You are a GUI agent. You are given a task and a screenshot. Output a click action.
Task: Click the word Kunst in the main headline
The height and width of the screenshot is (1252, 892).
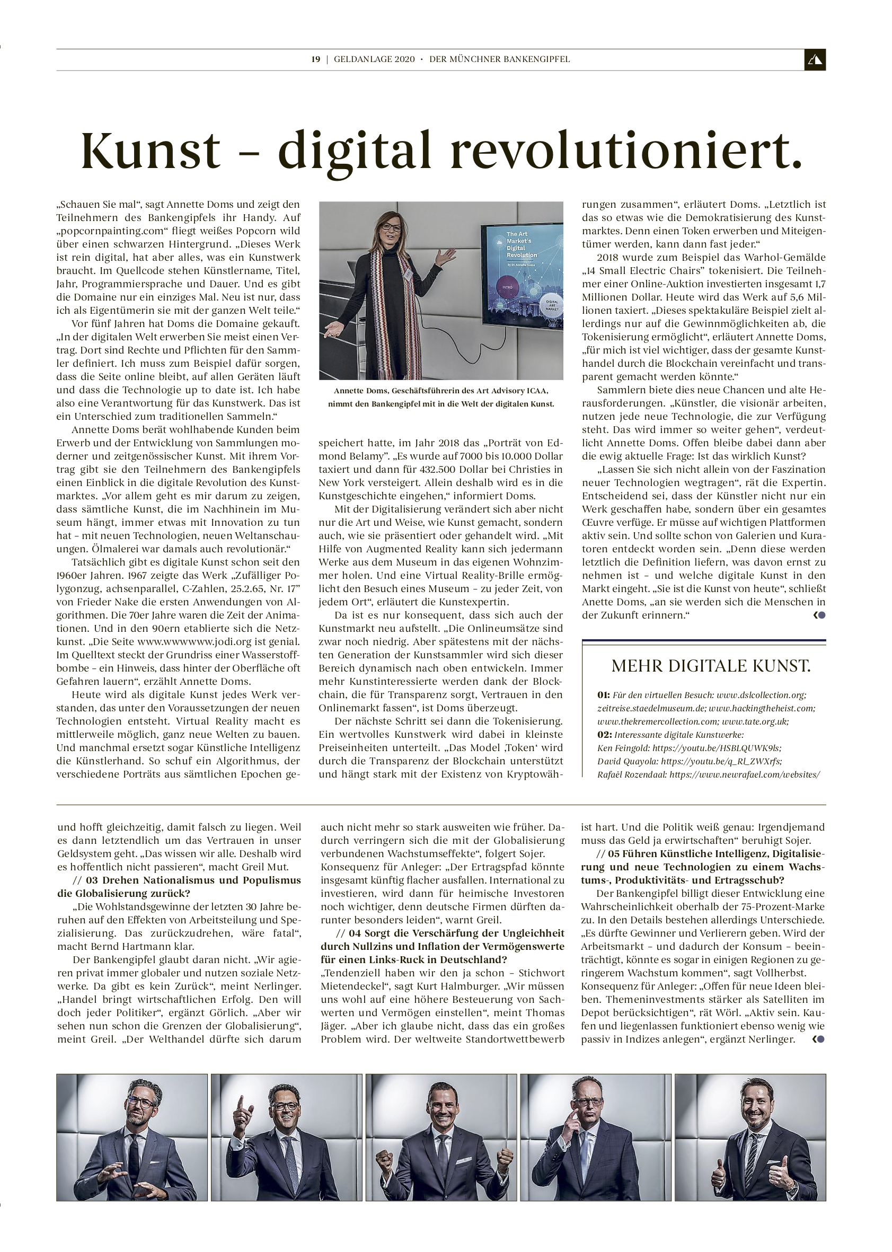pos(151,151)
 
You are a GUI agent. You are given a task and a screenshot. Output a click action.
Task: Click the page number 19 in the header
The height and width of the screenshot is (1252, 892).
pos(315,59)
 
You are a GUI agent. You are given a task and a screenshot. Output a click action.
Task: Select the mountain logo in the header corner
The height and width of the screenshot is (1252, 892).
pos(815,60)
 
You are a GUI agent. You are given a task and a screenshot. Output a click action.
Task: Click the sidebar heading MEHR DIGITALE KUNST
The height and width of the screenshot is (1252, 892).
pos(711,666)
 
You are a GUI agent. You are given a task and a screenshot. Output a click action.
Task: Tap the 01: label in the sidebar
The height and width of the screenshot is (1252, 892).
pos(604,695)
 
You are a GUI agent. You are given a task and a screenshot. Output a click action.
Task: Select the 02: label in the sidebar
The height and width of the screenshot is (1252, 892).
pos(605,735)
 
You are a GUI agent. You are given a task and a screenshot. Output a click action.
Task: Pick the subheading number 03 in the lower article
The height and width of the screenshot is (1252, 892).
pos(92,880)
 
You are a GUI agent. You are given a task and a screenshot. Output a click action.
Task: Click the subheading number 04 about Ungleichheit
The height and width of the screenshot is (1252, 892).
pos(355,933)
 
